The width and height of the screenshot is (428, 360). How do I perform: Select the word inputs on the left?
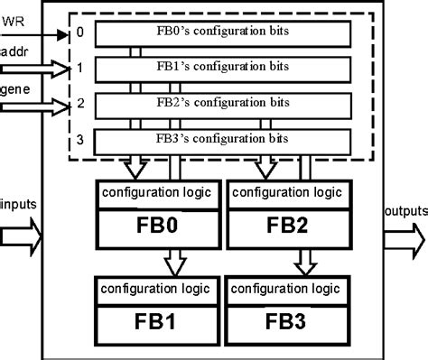(20, 204)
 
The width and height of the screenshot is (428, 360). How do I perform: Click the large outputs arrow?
(404, 239)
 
